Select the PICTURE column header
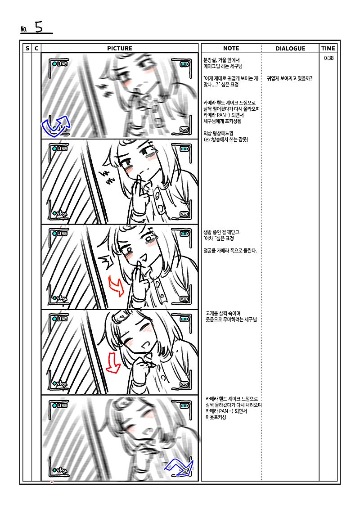click(x=119, y=48)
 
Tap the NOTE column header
click(x=231, y=48)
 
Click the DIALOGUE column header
click(x=290, y=48)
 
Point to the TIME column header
click(x=328, y=48)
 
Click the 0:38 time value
click(x=328, y=58)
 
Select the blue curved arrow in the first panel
click(x=55, y=126)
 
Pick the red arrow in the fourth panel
click(x=113, y=362)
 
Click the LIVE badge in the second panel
click(x=60, y=149)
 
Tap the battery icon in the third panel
click(x=184, y=234)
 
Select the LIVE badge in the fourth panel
click(x=60, y=319)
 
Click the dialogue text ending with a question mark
click(x=289, y=79)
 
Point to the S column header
click(x=27, y=48)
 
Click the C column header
click(x=36, y=48)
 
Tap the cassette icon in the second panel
click(x=184, y=214)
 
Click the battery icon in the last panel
click(x=184, y=406)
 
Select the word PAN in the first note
click(x=221, y=115)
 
